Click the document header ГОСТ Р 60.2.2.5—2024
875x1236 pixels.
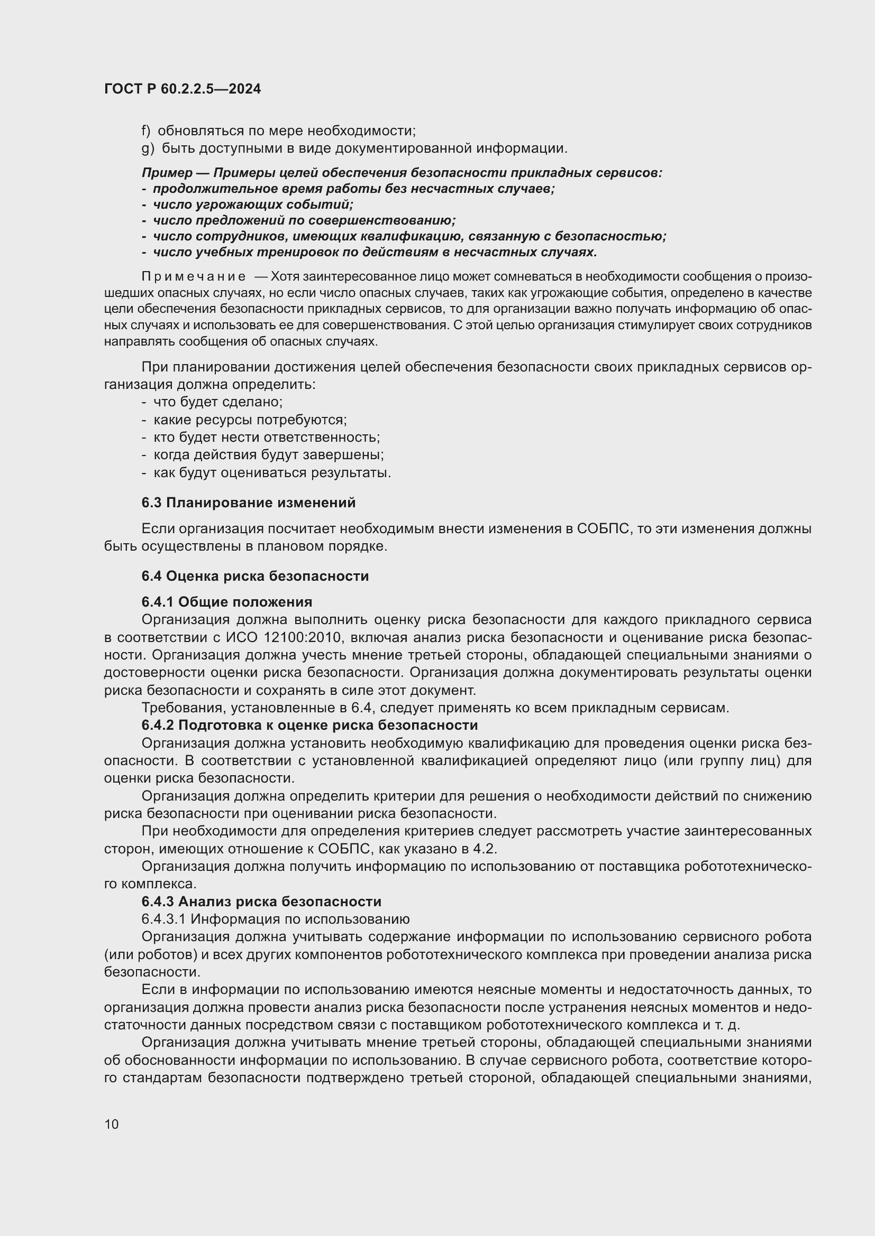(x=182, y=89)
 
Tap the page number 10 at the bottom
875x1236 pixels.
(x=112, y=1124)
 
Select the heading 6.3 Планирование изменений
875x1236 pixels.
(x=249, y=502)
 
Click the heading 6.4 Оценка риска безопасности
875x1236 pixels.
(x=255, y=576)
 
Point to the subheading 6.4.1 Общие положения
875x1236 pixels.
(x=227, y=601)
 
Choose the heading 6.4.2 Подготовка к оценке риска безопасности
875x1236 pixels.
(x=309, y=725)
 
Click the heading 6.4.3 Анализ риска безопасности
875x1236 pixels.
(x=261, y=901)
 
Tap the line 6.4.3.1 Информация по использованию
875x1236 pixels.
(x=275, y=919)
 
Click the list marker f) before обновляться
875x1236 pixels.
(x=145, y=131)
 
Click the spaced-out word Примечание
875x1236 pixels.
(x=194, y=277)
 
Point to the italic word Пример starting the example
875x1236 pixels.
(x=167, y=173)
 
